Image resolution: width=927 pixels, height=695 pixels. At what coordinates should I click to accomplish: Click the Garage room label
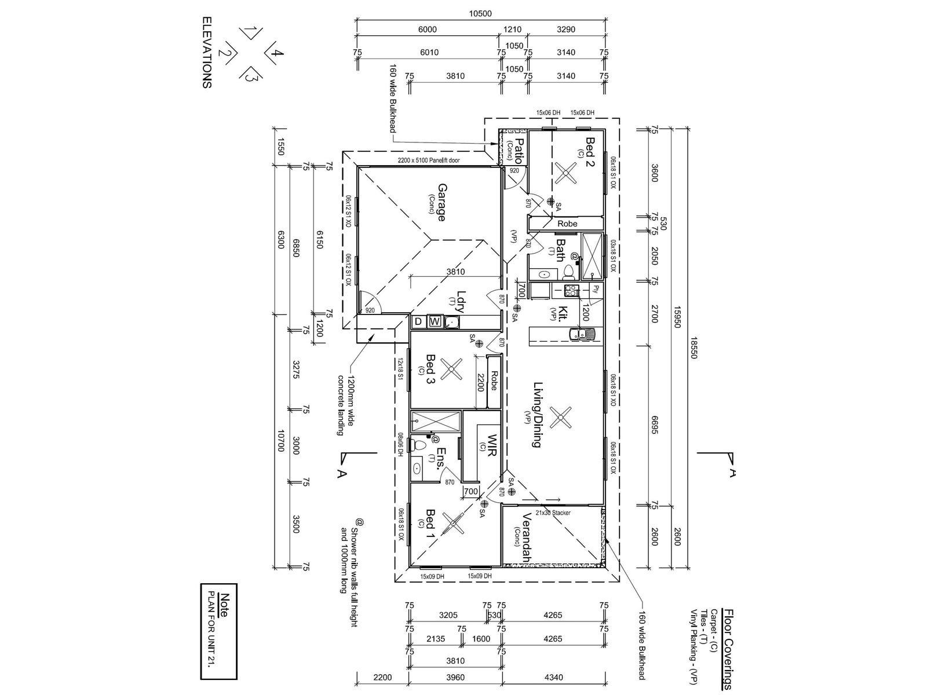pos(441,203)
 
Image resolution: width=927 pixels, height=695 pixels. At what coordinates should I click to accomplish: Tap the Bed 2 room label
pos(590,152)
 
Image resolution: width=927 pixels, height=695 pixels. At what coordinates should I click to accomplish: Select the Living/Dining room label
pos(537,415)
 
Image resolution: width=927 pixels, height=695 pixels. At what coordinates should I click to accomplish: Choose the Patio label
pos(519,149)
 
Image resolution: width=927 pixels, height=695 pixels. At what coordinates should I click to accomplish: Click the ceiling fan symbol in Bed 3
pos(450,369)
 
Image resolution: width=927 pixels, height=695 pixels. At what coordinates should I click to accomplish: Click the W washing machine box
pos(435,321)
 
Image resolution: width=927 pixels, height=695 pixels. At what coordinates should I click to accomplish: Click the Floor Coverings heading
pos(728,649)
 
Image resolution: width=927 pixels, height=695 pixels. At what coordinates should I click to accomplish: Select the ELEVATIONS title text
pos(207,52)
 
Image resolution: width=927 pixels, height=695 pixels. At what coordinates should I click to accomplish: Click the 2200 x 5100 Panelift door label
pos(429,160)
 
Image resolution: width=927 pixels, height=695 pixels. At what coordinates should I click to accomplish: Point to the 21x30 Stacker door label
pos(553,513)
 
